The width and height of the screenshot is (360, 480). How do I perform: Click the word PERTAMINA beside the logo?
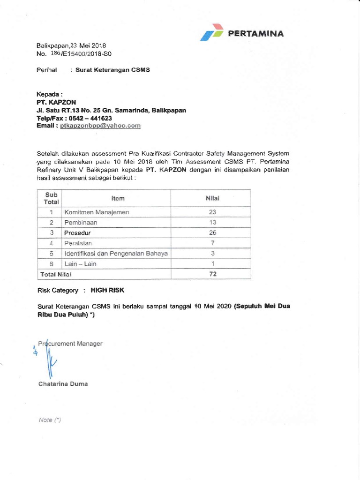pos(255,33)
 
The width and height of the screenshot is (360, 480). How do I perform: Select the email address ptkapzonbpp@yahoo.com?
pos(100,126)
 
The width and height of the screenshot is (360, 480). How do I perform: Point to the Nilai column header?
pos(212,198)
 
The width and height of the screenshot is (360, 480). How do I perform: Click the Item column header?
pos(118,198)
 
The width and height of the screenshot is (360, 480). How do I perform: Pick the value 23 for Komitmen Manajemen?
pos(212,212)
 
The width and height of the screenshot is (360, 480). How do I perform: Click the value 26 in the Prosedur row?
pos(212,232)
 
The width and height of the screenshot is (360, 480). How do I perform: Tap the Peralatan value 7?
pos(212,243)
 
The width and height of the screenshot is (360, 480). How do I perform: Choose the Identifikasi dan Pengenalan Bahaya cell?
pos(116,254)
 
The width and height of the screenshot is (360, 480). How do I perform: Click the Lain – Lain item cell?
pos(80,264)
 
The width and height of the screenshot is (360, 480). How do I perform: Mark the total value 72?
pos(212,274)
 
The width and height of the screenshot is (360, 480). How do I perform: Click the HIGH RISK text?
pos(107,290)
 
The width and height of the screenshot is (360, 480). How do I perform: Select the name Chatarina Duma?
pos(62,384)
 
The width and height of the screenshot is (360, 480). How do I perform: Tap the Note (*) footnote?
pos(50,420)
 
